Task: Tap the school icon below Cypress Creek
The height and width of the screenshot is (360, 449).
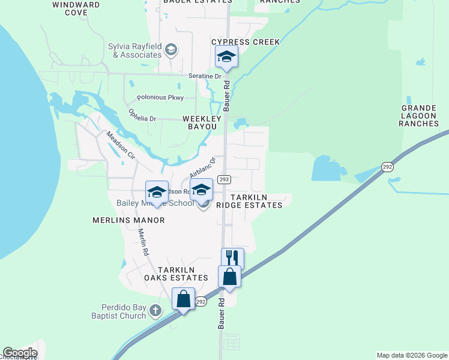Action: pos(226,56)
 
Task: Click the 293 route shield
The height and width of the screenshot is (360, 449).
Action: pos(224,179)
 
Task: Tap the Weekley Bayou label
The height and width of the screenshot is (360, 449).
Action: pos(199,123)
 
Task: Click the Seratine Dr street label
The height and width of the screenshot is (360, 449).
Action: pos(205,76)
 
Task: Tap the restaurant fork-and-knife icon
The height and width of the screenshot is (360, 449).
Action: pos(232,258)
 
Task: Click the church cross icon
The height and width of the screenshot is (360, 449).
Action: pos(155,311)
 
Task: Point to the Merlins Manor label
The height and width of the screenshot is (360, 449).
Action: pos(128,220)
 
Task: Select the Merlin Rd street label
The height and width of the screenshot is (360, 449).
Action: pos(143,242)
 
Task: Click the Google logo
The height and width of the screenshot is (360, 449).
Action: pos(20,353)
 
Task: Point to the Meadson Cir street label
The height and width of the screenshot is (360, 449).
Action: pos(121,145)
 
